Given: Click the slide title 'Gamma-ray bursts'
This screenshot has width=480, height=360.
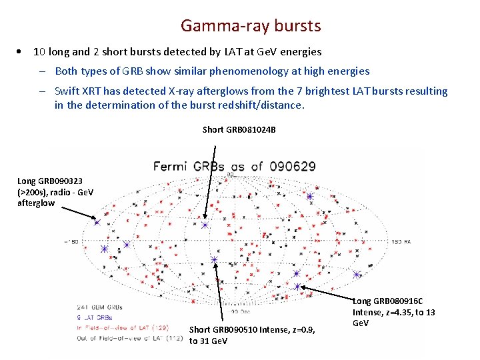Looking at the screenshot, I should [x=251, y=26].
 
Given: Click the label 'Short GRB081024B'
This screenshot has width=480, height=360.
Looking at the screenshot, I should [x=239, y=129].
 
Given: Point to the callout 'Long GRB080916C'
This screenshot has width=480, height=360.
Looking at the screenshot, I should [x=387, y=301].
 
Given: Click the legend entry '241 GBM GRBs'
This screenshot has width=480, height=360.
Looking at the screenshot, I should [x=100, y=307].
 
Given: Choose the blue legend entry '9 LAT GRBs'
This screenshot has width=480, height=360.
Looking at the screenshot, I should [x=96, y=317].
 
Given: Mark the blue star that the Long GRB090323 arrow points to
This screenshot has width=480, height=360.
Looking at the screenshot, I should [x=97, y=222].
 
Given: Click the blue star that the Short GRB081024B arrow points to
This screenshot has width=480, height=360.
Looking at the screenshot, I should [x=205, y=226].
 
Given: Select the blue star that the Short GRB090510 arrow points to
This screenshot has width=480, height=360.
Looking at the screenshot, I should [x=214, y=259].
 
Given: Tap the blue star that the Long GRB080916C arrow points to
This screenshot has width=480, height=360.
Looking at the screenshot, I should [x=297, y=287].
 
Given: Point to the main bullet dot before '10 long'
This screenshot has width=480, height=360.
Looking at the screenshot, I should [x=23, y=51].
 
